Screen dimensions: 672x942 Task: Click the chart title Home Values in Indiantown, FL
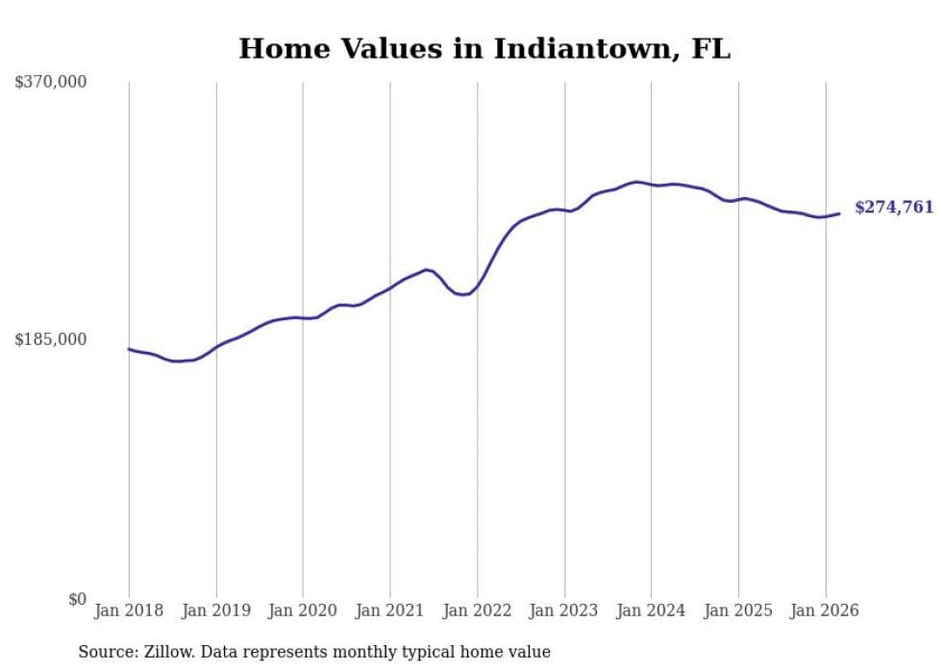484,49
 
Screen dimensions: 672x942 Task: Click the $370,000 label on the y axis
51,83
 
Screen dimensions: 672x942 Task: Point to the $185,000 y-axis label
51,339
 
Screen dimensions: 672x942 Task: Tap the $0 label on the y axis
77,599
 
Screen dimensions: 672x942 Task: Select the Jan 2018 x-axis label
129,610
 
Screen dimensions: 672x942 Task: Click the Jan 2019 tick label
216,610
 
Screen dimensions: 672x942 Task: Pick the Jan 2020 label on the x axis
303,610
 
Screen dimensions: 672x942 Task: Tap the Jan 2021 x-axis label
390,610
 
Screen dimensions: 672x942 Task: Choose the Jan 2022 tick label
478,610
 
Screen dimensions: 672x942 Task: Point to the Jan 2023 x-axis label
564,610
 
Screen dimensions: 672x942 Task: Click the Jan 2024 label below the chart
652,610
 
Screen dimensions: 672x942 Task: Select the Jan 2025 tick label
738,610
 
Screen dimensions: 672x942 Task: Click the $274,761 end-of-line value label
894,208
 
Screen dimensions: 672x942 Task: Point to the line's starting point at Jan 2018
129,349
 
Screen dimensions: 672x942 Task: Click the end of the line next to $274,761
839,213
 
